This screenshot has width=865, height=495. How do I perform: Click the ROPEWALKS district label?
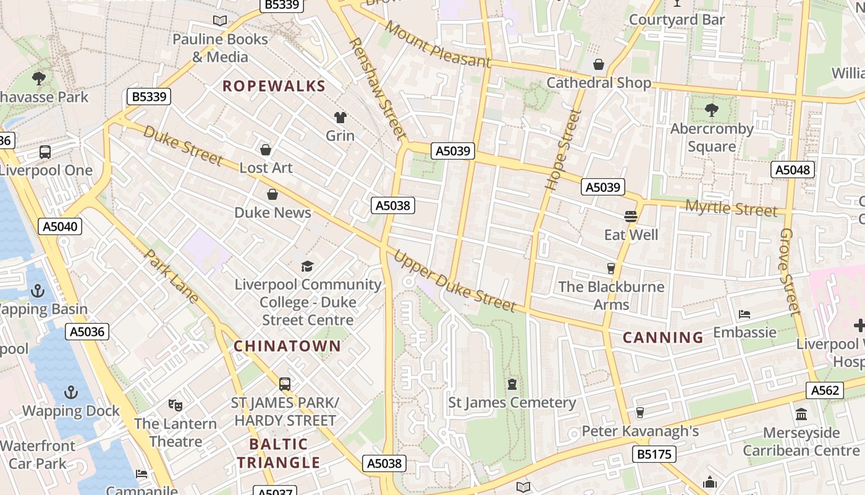point(274,86)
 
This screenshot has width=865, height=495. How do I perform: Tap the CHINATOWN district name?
point(287,346)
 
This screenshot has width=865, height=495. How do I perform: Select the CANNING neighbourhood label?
point(663,337)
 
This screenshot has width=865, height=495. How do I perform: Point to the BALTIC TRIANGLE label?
point(279,453)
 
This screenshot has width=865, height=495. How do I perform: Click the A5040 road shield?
point(61,226)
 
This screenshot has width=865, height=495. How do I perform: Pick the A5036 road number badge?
point(87,332)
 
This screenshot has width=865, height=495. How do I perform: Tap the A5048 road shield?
point(793,170)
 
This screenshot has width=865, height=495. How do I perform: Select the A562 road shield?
point(825,390)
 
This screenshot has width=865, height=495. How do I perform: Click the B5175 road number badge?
point(654,455)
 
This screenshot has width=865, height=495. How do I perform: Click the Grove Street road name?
point(790,271)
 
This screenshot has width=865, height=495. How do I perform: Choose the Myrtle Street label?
point(732,209)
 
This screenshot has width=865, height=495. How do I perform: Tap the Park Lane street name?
point(171,276)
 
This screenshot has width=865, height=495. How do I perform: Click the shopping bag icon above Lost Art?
point(266,150)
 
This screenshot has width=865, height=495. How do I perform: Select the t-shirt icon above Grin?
point(340,118)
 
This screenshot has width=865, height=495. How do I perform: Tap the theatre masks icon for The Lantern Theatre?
point(175,406)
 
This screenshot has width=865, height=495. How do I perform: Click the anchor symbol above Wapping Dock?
point(71,392)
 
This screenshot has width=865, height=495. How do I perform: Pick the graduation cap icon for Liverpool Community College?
point(307,267)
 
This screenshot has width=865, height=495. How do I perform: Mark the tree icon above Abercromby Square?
point(711,111)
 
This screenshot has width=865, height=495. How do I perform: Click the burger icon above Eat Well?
point(631,217)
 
